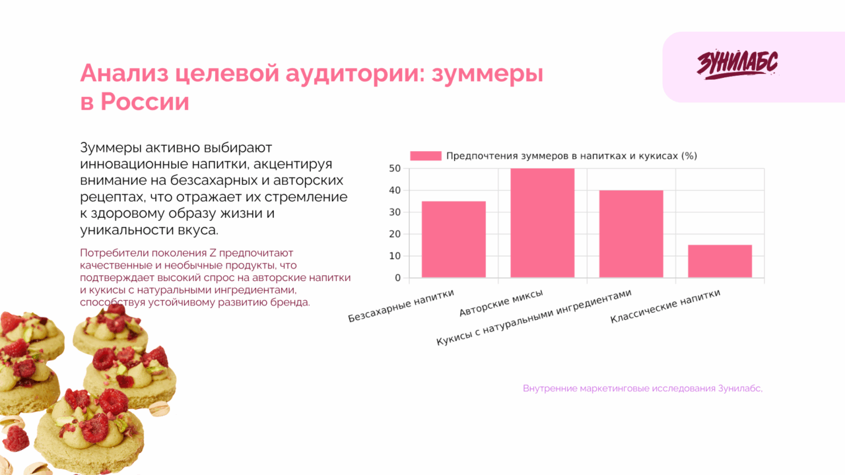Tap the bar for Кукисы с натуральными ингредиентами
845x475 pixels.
[631, 234]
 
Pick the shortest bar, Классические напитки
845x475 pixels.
[720, 261]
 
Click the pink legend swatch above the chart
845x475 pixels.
[425, 156]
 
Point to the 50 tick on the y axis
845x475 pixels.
[394, 168]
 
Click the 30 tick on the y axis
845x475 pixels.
[394, 212]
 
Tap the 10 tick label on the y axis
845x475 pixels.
[394, 256]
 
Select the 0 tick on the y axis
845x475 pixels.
[397, 278]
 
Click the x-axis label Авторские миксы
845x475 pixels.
[502, 302]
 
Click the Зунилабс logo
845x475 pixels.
[737, 65]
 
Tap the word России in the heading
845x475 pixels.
[145, 102]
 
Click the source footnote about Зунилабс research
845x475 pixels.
[642, 389]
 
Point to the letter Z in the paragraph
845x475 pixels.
[213, 253]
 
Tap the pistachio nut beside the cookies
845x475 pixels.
[159, 409]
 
